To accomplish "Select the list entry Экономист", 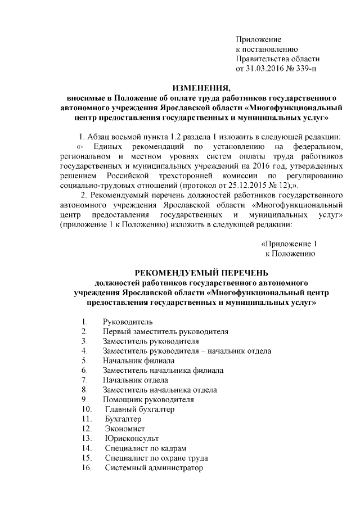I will click(124, 429).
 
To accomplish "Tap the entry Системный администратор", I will click(153, 468).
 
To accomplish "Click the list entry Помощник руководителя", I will click(148, 399).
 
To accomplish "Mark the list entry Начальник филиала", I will click(138, 360).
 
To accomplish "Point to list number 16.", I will click(87, 468).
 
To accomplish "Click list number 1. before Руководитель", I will click(84, 321).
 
